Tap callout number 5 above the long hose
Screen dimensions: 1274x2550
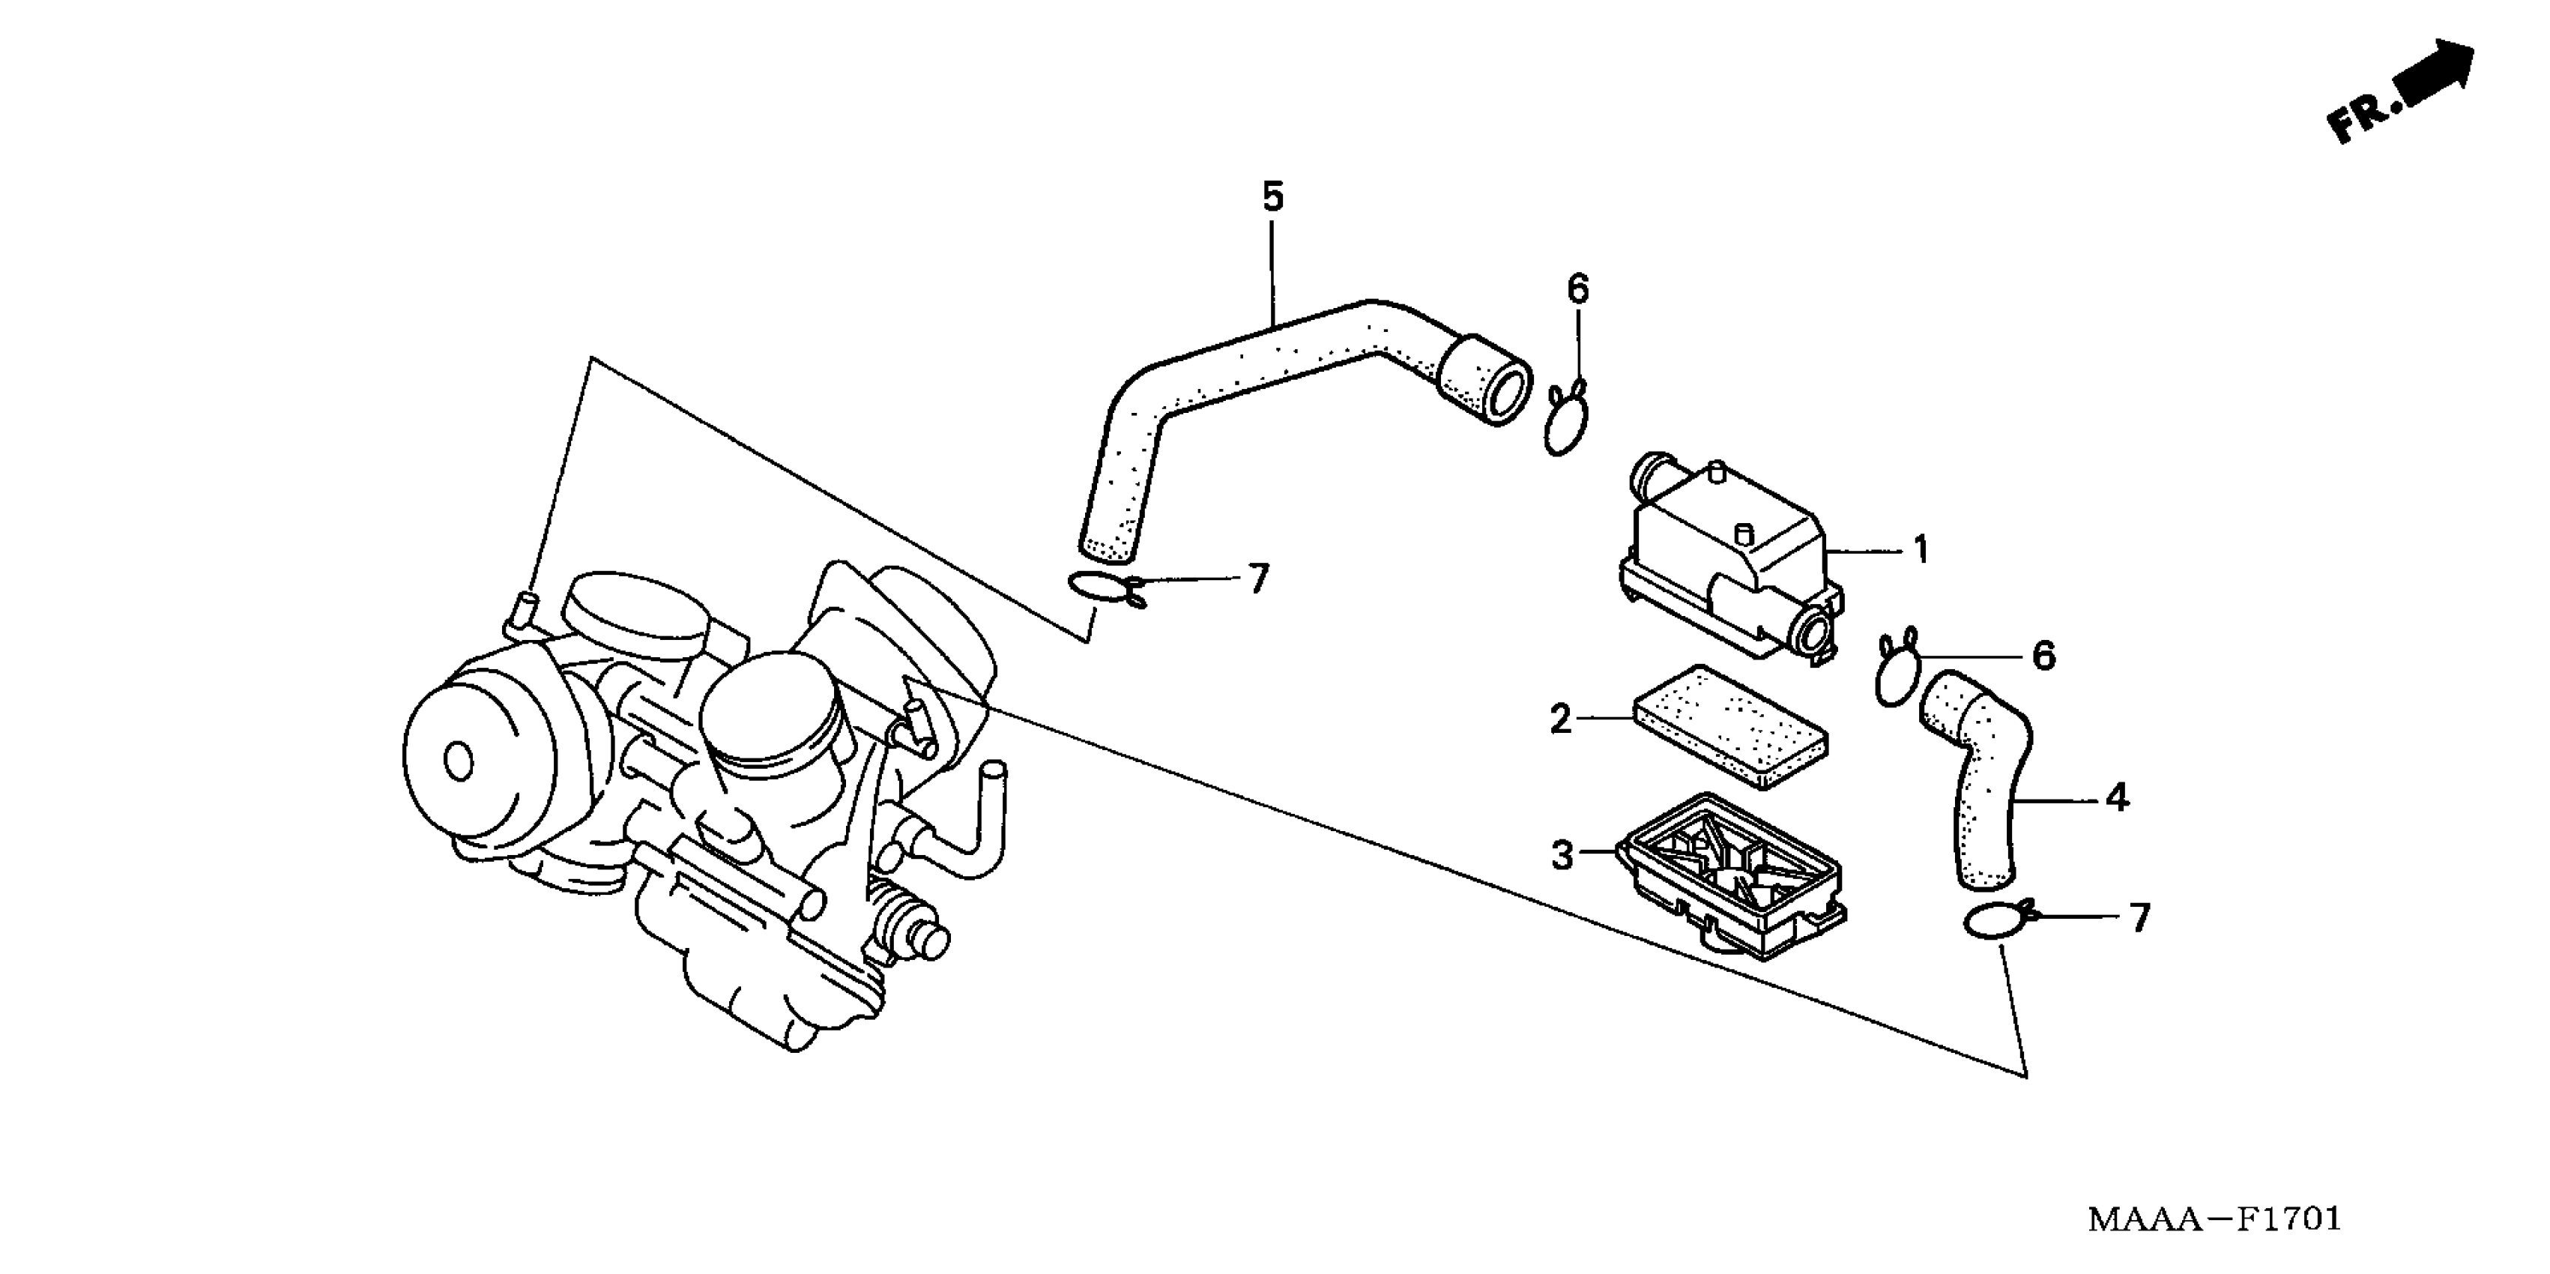tap(1272, 197)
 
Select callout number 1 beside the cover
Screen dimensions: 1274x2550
tap(1921, 549)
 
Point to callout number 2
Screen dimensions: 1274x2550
tap(1560, 719)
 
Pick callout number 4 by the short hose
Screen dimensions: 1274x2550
tap(2115, 796)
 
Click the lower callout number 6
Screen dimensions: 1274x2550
tap(2043, 655)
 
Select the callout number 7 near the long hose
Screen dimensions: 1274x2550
tap(1257, 579)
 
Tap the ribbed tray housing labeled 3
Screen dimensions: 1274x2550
tap(1732, 871)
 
